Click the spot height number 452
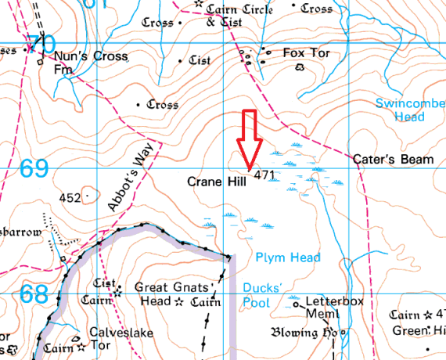[70, 198]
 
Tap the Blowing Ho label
[302, 333]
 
